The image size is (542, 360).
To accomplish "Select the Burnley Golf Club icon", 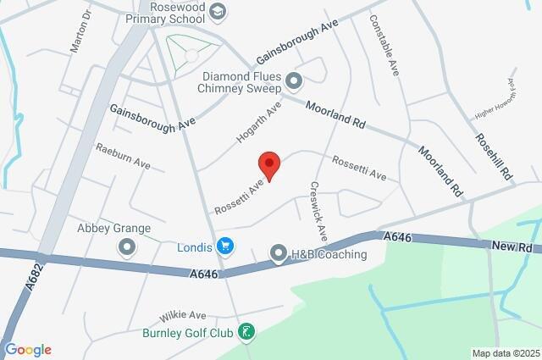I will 245,331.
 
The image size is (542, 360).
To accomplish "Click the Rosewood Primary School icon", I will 218,11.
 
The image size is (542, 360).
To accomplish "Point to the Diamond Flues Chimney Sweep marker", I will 294,81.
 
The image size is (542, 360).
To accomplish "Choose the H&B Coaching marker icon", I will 279,253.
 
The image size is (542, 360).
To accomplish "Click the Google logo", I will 28,350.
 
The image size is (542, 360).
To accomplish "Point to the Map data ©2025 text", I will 506,353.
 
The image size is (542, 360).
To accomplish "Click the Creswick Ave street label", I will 319,209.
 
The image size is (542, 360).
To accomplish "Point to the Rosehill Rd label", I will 494,157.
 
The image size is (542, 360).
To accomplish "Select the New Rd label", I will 514,246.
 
